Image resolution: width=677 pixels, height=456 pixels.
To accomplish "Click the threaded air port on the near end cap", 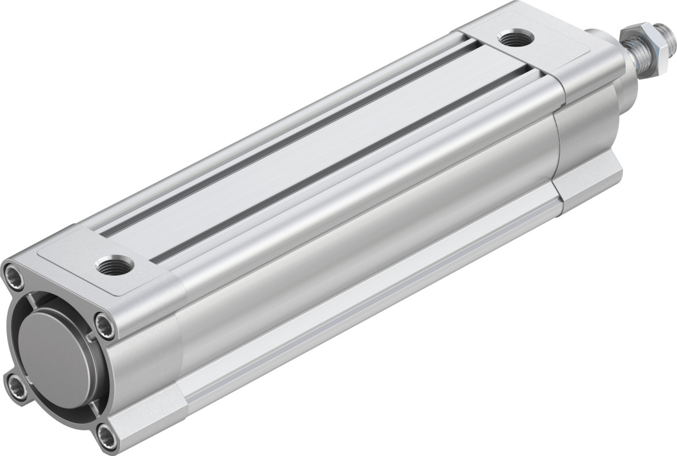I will (115, 264).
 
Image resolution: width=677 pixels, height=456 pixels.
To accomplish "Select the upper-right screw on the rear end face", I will (104, 326).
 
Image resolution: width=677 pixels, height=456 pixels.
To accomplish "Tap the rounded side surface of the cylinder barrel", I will (359, 244).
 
